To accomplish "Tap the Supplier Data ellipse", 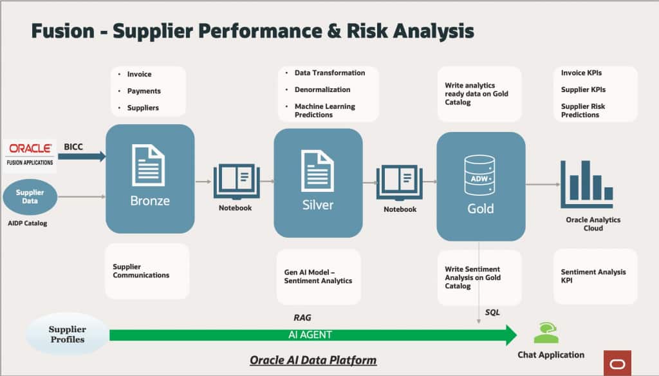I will click(x=30, y=196).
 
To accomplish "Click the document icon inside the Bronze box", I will click(x=149, y=165).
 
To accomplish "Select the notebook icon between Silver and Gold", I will click(x=399, y=183).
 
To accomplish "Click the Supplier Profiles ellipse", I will click(x=67, y=334).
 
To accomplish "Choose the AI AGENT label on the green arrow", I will click(x=310, y=335).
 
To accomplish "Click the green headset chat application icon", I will click(x=546, y=333).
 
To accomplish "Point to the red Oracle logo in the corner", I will click(x=617, y=363).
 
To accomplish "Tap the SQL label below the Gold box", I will click(x=492, y=312).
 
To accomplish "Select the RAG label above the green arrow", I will click(x=302, y=317).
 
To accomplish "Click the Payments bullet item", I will click(x=144, y=91).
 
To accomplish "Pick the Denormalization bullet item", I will click(x=322, y=89).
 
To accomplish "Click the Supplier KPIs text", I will click(x=583, y=89).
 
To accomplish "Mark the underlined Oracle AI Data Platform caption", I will click(x=313, y=360).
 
